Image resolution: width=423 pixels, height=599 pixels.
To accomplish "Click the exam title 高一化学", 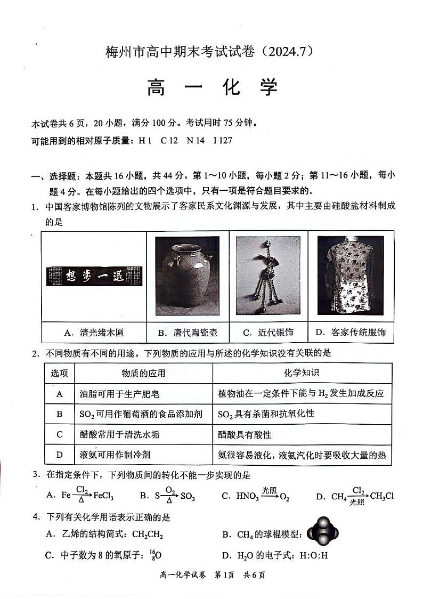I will pyautogui.click(x=212, y=87).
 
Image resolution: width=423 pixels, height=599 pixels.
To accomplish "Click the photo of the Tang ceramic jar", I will pyautogui.click(x=187, y=276).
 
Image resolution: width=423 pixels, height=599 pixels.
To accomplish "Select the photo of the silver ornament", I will pyautogui.click(x=268, y=276).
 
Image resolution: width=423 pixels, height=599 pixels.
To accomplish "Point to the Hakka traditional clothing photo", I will pyautogui.click(x=350, y=276).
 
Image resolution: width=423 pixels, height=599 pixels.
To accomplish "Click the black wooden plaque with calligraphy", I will pyautogui.click(x=96, y=276).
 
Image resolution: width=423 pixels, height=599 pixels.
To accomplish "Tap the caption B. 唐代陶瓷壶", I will pyautogui.click(x=188, y=333).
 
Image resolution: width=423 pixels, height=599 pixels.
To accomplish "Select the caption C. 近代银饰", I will pyautogui.click(x=268, y=333).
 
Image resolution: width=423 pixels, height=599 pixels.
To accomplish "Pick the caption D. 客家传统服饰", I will pyautogui.click(x=351, y=333).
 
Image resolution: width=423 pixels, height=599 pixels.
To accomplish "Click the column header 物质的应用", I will pyautogui.click(x=143, y=373).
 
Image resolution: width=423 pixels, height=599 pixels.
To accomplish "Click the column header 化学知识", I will pyautogui.click(x=302, y=373).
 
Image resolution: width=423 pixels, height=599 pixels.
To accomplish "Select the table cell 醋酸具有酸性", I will pyautogui.click(x=245, y=434).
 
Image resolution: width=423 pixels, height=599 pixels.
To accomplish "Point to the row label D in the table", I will pyautogui.click(x=60, y=455).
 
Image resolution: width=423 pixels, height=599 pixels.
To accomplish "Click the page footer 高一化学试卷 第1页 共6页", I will pyautogui.click(x=212, y=575).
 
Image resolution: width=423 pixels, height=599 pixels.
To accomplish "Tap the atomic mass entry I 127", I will pyautogui.click(x=222, y=141).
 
